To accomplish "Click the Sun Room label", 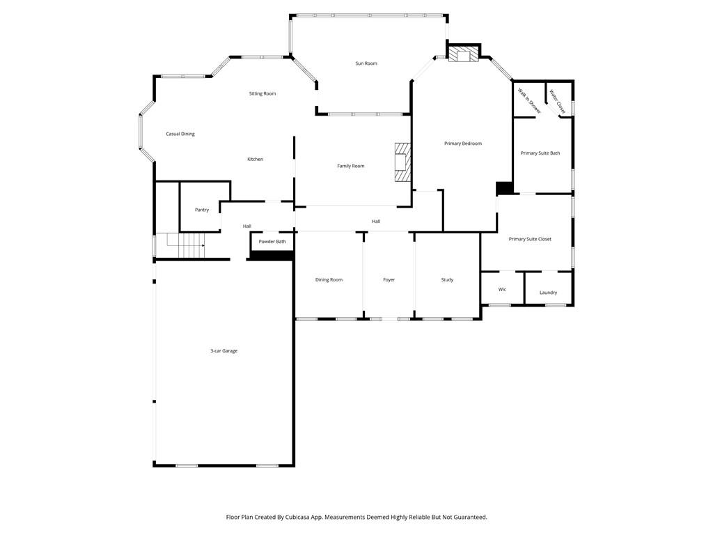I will pos(366,63).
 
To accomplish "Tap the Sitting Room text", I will pos(263,93).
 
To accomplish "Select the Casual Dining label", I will pos(180,134).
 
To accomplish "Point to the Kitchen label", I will pos(256,160).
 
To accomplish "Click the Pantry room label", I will pos(202,210).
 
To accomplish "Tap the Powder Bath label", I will pos(272,242).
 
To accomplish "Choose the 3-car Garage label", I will pos(224,351).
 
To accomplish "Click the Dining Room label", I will pos(329,280).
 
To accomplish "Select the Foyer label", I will pos(389,280).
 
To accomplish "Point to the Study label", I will pos(447,280).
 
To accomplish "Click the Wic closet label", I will pos(502,289).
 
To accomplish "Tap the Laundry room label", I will pos(549,293).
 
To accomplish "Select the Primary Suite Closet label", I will pos(530,239).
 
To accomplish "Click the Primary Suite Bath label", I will pos(540,153).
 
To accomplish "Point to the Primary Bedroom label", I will pos(463,144).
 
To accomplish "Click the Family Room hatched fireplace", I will pos(402,162).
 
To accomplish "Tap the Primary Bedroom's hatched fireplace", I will pos(463,54).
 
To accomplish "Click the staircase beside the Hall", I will pos(185,241).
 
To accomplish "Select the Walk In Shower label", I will pos(529,100).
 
